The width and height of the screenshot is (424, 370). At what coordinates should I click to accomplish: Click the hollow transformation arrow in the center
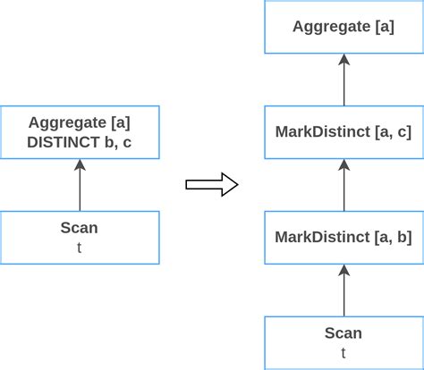pos(210,185)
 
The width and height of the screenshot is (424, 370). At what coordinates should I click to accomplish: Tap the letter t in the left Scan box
pos(79,248)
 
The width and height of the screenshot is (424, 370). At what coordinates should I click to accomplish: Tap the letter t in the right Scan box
pos(343,352)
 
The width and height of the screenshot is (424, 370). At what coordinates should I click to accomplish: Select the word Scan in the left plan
pos(79,228)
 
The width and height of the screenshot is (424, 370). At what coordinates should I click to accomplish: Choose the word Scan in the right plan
pos(343,333)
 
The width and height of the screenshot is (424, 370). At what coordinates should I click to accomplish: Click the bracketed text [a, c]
pos(394,131)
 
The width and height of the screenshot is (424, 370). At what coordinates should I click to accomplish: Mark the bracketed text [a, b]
pos(394,237)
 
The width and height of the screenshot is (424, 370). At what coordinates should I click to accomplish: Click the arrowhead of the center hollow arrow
pos(229,185)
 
